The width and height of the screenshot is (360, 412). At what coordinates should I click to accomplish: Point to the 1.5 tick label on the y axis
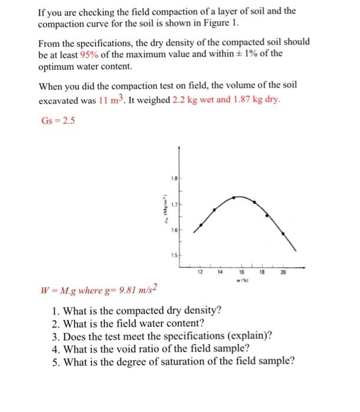[174, 255]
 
